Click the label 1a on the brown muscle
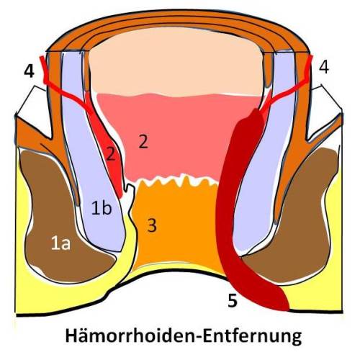[60, 244]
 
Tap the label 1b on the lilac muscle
[102, 208]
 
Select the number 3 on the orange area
[152, 225]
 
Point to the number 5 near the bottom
[233, 300]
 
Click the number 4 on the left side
[30, 71]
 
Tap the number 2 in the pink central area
[143, 141]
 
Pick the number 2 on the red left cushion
[111, 154]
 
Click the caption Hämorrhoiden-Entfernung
[184, 336]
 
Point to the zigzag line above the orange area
[178, 181]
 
